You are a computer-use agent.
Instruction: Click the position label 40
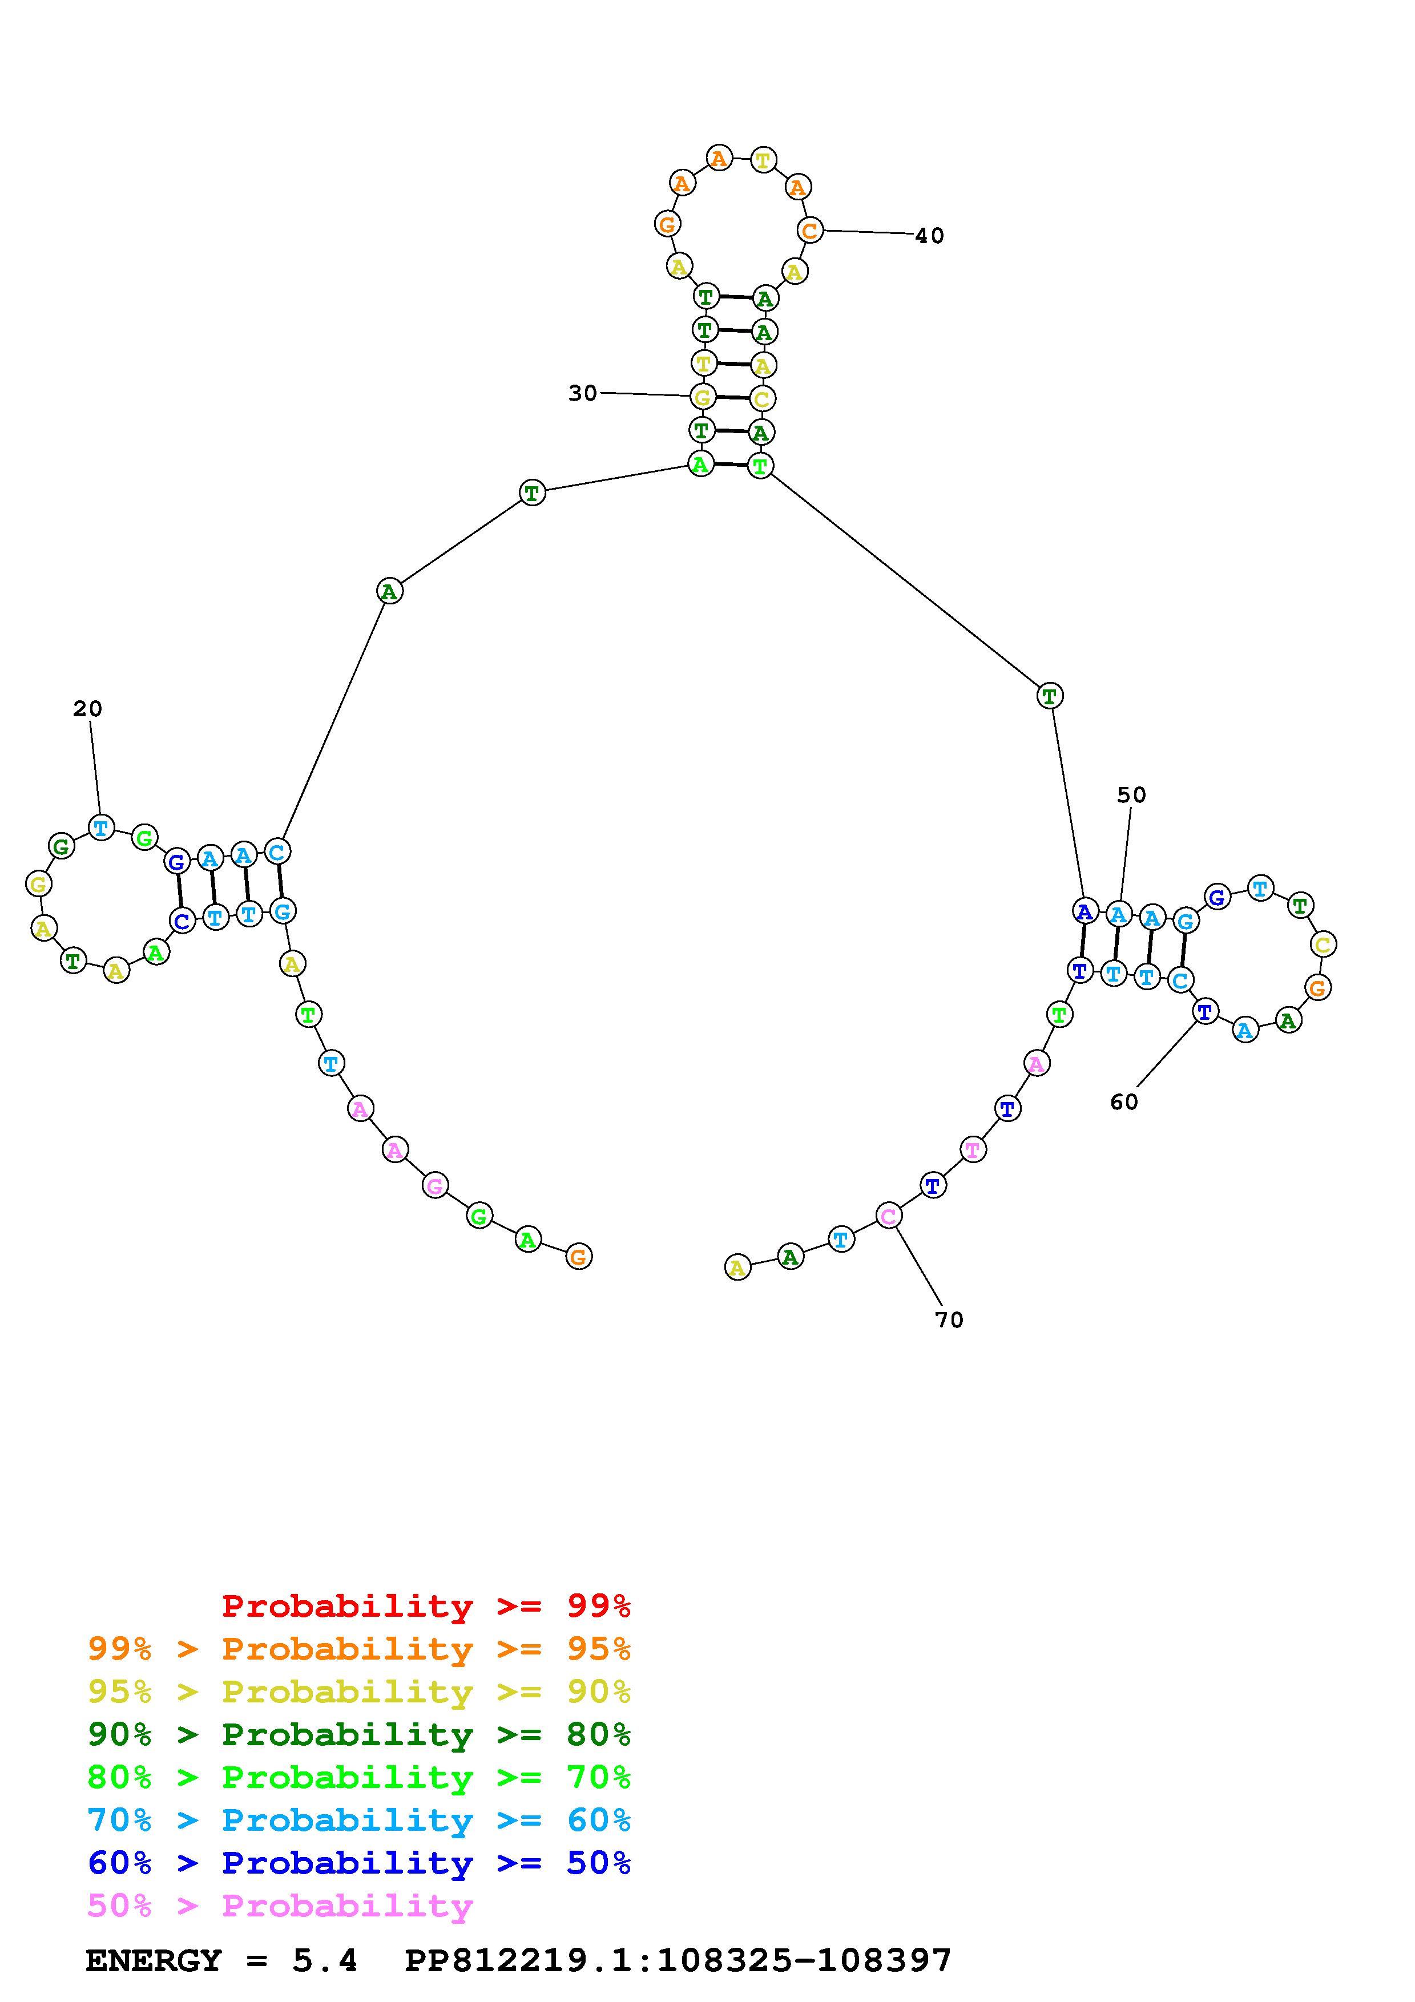click(x=929, y=236)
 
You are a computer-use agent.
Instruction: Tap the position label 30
click(x=582, y=393)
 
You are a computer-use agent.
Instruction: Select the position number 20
click(x=87, y=709)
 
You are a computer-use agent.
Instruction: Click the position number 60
click(x=1124, y=1102)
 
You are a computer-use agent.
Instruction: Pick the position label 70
click(x=949, y=1320)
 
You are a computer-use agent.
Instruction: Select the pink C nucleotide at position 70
click(x=888, y=1216)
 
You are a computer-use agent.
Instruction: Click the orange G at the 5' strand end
click(x=578, y=1257)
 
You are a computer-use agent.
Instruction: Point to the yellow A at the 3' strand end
click(x=737, y=1267)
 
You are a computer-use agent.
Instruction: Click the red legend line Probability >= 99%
click(x=426, y=1606)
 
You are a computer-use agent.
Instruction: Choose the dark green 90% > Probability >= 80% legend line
click(x=359, y=1734)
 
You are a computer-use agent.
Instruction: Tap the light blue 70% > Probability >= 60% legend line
click(x=359, y=1821)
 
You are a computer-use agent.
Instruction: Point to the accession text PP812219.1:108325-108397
click(x=678, y=1961)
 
